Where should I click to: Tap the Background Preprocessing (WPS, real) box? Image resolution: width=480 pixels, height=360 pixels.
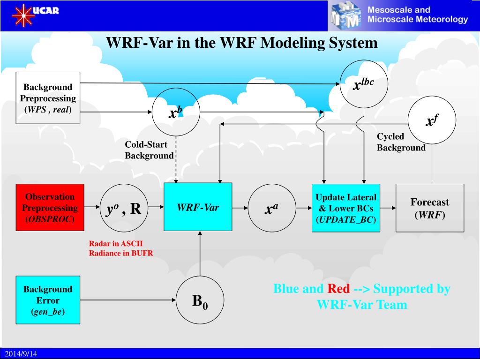(48, 98)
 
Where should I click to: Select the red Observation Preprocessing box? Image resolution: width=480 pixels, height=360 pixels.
(50, 207)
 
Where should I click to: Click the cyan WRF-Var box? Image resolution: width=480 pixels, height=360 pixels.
(198, 207)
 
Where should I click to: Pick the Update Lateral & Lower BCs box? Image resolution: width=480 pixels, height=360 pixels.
(346, 208)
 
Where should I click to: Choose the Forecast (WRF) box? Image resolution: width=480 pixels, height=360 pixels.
(430, 208)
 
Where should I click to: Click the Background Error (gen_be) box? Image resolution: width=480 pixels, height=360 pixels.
(48, 300)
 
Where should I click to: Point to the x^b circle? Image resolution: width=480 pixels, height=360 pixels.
(176, 112)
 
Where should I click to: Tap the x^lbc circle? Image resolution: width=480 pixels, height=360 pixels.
(364, 84)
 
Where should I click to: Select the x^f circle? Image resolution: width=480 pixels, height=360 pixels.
(432, 120)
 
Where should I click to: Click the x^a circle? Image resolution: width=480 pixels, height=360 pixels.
(272, 208)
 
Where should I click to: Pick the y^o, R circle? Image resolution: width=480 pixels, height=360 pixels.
(124, 208)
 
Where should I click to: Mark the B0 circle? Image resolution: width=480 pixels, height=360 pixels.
(200, 300)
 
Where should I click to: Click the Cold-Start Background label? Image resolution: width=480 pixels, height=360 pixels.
(149, 150)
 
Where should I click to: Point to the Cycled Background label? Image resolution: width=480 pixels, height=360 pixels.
(401, 142)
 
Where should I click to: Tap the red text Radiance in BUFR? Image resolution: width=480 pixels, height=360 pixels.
(121, 253)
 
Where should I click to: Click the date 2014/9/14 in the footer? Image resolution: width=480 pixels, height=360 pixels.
(21, 354)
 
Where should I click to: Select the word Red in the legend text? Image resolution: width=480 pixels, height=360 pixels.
(338, 288)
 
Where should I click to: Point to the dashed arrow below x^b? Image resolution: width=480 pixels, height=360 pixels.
(176, 160)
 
